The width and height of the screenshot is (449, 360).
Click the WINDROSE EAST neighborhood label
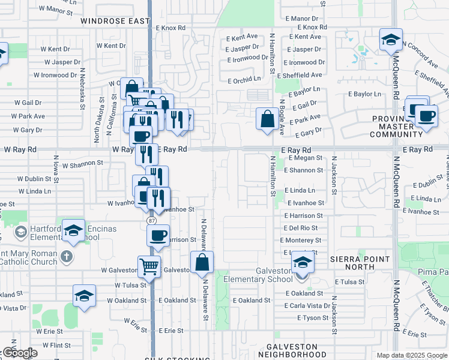[x=115, y=21]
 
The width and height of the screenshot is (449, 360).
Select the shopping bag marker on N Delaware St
[x=202, y=262]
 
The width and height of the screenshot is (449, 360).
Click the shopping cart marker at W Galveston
[x=149, y=266]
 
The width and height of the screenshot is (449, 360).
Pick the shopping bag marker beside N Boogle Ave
[x=267, y=118]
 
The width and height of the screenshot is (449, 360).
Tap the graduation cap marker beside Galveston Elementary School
[x=301, y=263]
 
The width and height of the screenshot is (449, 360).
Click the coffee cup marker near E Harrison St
[x=158, y=235]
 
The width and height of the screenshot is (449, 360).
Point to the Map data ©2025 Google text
[x=412, y=355]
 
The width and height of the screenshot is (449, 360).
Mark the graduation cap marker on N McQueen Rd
[x=391, y=40]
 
